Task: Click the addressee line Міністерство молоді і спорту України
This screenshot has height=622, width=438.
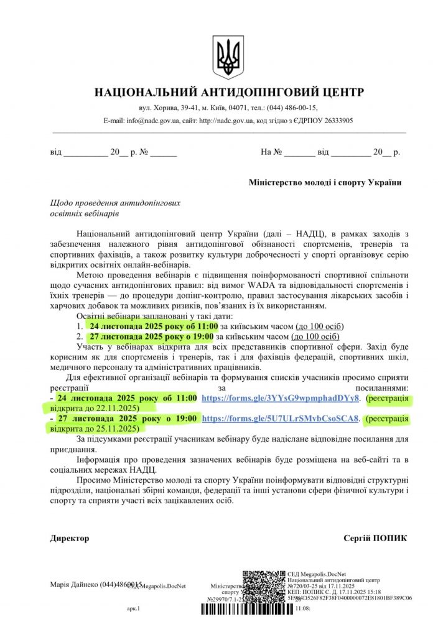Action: tap(325, 182)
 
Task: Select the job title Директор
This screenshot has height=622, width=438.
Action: tap(70, 538)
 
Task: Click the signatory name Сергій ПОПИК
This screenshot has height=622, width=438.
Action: tap(375, 538)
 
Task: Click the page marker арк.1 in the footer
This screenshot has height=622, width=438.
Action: tap(134, 609)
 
